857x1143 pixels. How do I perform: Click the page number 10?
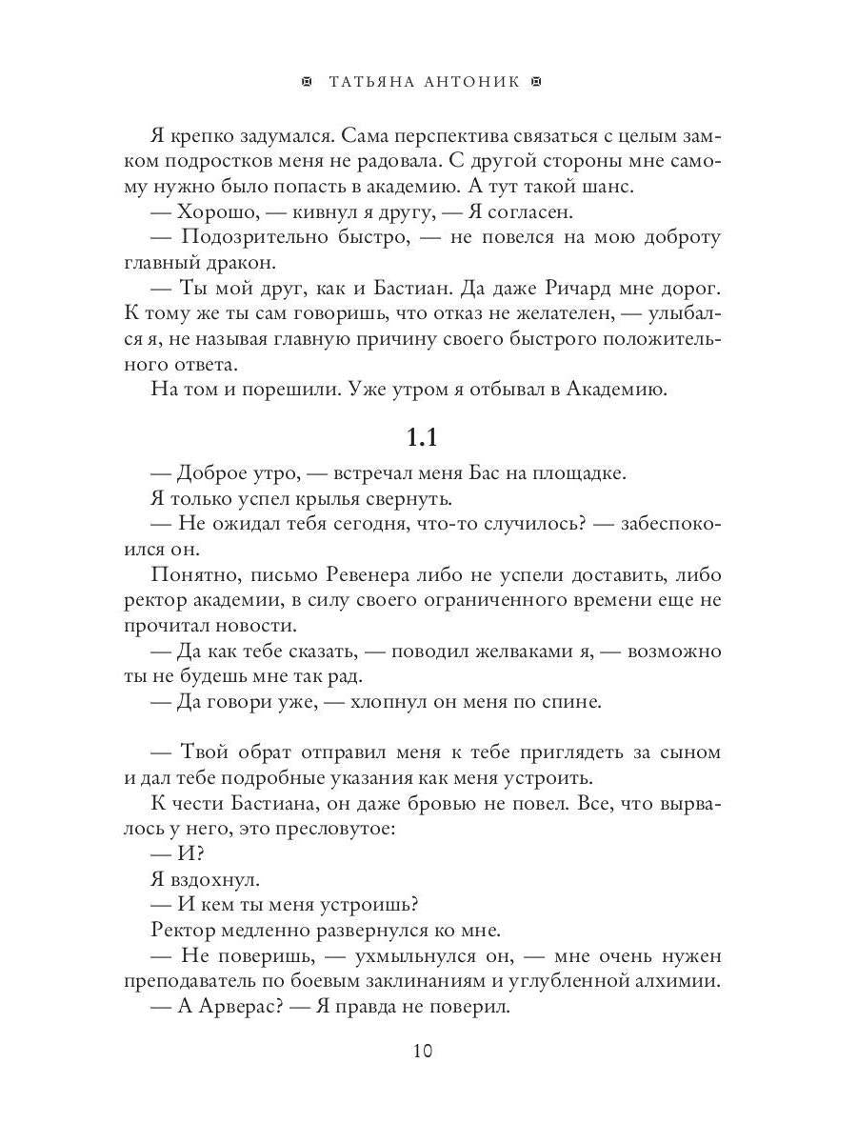pyautogui.click(x=423, y=1052)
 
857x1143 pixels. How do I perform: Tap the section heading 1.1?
pyautogui.click(x=423, y=437)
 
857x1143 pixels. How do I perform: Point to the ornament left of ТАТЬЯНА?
pyautogui.click(x=306, y=83)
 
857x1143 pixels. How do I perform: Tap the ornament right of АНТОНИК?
pyautogui.click(x=536, y=83)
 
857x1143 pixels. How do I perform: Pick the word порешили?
pyautogui.click(x=289, y=388)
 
